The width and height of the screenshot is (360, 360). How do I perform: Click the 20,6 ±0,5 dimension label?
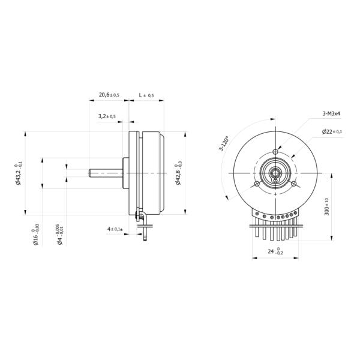tap(109, 95)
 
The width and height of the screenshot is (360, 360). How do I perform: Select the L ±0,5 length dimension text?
tap(146, 95)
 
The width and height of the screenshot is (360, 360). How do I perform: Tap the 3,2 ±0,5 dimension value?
tap(107, 116)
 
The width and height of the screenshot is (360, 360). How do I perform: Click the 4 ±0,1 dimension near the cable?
tap(115, 229)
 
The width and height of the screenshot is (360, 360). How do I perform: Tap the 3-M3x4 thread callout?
tap(331, 113)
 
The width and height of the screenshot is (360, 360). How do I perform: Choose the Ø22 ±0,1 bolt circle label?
tap(332, 131)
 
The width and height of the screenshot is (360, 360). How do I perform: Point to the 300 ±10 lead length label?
tap(327, 207)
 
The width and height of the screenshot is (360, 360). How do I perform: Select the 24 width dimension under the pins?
tap(275, 252)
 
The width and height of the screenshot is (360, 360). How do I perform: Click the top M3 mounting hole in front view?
tap(275, 151)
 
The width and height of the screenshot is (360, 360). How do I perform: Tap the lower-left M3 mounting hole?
tap(257, 183)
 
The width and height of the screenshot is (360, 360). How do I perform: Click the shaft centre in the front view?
tap(275, 173)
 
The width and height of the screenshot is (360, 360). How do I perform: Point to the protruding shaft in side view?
tap(106, 173)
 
